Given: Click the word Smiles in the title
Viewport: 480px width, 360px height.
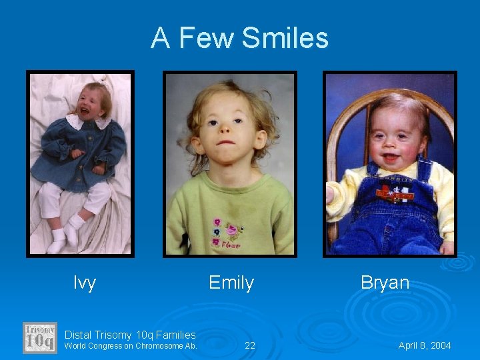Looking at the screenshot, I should (x=285, y=38).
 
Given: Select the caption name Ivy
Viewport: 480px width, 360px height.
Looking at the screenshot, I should (x=85, y=283).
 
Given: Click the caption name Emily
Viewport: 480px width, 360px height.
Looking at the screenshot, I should (x=231, y=283).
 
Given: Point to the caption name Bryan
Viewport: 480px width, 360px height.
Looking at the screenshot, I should (x=385, y=283).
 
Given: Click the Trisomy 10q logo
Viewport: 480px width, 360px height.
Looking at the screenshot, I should (x=40, y=337).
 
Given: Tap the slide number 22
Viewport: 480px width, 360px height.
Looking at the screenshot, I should (x=250, y=345).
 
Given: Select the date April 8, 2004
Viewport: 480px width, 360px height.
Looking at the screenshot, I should (x=425, y=345).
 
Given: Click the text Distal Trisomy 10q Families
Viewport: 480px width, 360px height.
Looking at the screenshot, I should (x=130, y=335).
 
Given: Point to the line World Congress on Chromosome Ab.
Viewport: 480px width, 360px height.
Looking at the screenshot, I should (x=131, y=346).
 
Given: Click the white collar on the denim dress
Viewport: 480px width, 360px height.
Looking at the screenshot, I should (x=86, y=122).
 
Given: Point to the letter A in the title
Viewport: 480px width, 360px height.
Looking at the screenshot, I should (x=160, y=38).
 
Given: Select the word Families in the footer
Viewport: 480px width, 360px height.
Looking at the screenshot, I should (x=175, y=335).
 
